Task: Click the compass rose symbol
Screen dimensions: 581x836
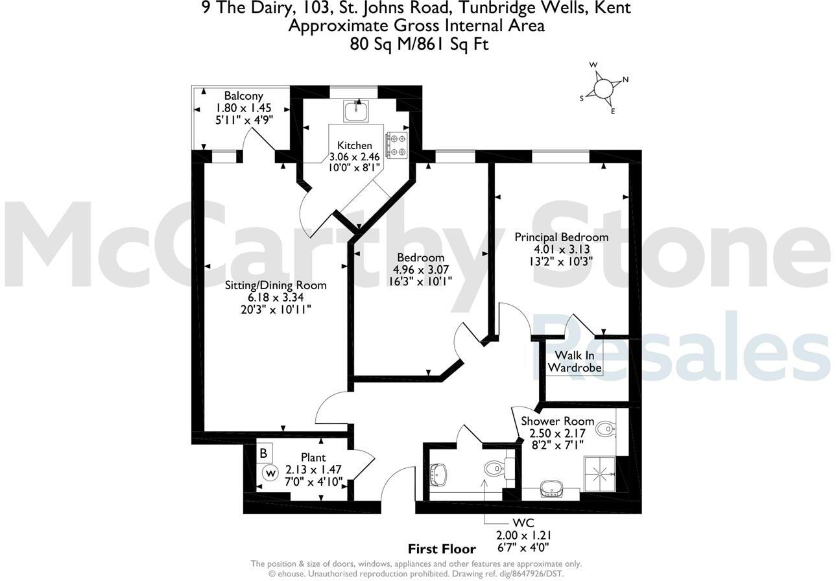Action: point(603,88)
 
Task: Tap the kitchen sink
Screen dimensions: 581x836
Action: point(355,112)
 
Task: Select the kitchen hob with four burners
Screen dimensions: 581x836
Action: point(397,145)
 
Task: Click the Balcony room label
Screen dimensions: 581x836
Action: point(243,96)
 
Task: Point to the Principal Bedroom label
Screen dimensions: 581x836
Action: point(562,237)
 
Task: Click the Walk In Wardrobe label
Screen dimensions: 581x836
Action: point(575,362)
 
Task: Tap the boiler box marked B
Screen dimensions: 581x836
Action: point(264,453)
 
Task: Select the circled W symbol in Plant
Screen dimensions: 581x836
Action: point(270,473)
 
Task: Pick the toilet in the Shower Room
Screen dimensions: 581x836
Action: point(606,428)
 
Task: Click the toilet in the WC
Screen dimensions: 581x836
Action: point(494,468)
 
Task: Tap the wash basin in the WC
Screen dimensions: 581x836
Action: point(440,474)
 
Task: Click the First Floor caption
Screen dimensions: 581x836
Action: point(442,549)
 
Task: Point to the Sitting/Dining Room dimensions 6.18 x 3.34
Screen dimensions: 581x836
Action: point(276,298)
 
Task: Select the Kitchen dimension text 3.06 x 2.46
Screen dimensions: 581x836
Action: point(355,157)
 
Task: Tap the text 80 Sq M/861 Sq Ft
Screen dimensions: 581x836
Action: point(418,43)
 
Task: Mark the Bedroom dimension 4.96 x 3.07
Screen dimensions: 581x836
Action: point(421,269)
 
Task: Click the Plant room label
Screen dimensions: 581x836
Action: point(313,458)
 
